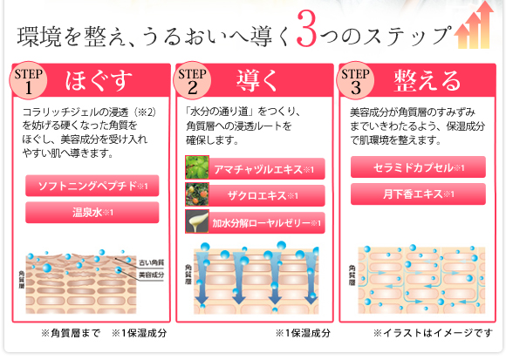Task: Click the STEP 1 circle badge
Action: pos(28,80)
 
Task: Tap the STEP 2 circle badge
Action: pos(192,80)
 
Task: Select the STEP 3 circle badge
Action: pos(355,80)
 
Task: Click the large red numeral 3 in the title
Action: pos(306,29)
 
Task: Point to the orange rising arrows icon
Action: pos(474,26)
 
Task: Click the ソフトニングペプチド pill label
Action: pos(92,186)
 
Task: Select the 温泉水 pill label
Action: pos(92,213)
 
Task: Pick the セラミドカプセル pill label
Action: pos(418,167)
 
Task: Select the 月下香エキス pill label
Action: pos(418,194)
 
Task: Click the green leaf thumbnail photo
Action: pos(197,167)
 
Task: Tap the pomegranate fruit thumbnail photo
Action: pos(197,194)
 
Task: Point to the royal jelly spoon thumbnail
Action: pos(197,221)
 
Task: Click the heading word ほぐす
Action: pos(99,80)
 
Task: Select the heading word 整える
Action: pos(427,80)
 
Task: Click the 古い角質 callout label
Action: pos(151,262)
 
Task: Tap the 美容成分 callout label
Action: pos(151,275)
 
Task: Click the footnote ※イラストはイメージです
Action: pos(433,333)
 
